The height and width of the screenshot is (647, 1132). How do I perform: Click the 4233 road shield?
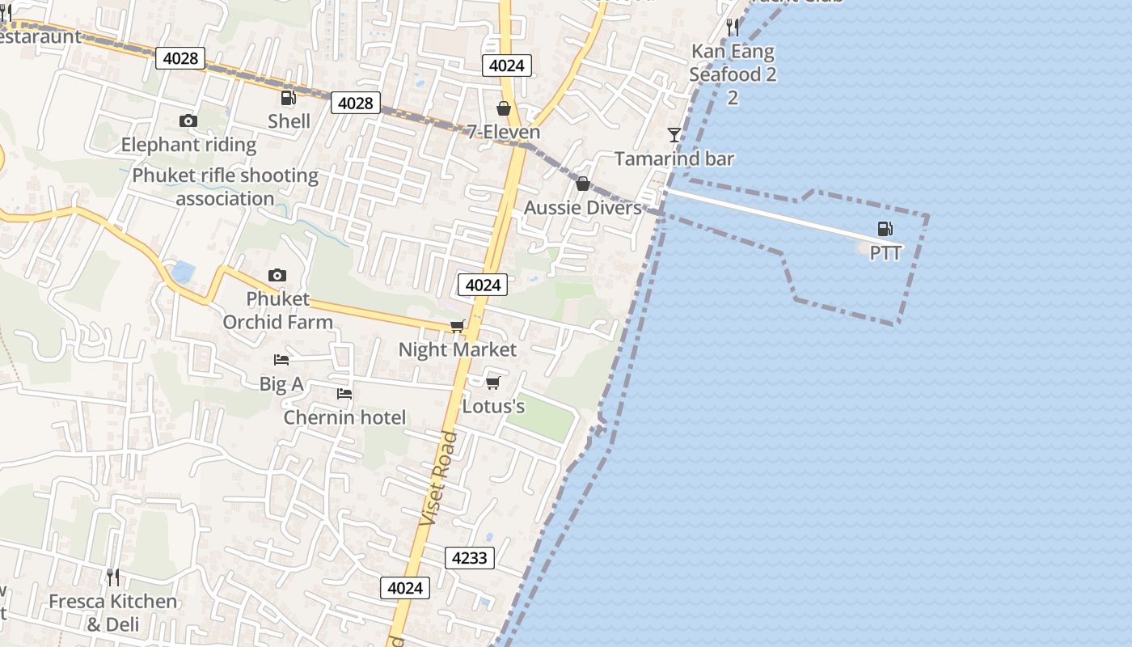(x=470, y=558)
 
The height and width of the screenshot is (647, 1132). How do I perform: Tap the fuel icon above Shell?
(x=288, y=99)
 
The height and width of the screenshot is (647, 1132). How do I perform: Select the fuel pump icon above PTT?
(x=885, y=229)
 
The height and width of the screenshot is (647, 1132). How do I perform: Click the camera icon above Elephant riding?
(x=188, y=121)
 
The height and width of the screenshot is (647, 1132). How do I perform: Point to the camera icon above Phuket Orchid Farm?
(x=277, y=276)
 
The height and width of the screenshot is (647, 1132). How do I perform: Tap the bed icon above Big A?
(x=281, y=360)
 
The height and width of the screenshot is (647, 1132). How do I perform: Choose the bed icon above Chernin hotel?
(x=344, y=394)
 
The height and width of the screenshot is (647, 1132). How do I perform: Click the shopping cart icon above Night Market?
(x=458, y=327)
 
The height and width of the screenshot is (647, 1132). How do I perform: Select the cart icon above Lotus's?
(x=493, y=383)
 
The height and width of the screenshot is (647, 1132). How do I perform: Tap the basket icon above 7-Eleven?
(x=504, y=108)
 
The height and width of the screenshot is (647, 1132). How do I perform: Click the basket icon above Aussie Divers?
(x=582, y=184)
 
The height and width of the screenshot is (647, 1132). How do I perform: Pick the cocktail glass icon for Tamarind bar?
(x=674, y=134)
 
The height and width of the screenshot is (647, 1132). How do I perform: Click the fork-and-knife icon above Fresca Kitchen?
(x=113, y=577)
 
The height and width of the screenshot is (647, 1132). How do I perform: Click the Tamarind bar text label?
(x=674, y=159)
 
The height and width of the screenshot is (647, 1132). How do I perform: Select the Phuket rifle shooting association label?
(x=226, y=187)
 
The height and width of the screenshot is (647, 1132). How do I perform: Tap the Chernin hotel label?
(x=344, y=417)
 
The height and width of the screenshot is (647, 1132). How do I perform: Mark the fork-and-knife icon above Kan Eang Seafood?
(x=733, y=27)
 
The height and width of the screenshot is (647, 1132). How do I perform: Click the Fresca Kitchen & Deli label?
(x=112, y=613)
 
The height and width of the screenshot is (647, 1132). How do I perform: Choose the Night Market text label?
(x=458, y=349)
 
